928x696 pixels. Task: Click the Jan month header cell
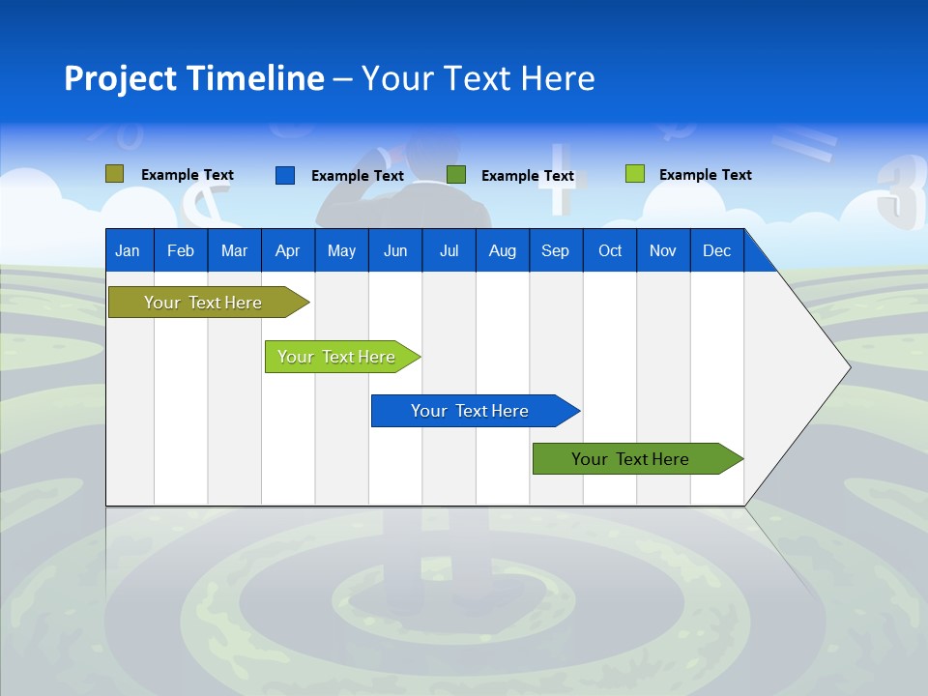[129, 250]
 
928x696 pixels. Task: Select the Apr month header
[288, 250]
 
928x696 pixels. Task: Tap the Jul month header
[449, 250]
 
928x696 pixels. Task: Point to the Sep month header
[556, 250]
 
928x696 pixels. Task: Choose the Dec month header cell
[716, 250]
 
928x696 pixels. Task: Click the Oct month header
[610, 250]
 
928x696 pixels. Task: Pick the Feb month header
[181, 250]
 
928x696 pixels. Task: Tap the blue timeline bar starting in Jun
[471, 411]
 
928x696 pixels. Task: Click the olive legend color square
[114, 174]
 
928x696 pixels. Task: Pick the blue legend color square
[285, 175]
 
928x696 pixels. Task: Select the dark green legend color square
[456, 175]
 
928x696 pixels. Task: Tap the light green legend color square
[634, 174]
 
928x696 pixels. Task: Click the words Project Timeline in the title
[193, 78]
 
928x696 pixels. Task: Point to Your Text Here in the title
[478, 78]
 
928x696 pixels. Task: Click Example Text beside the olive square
[188, 175]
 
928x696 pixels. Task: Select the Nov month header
[663, 250]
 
